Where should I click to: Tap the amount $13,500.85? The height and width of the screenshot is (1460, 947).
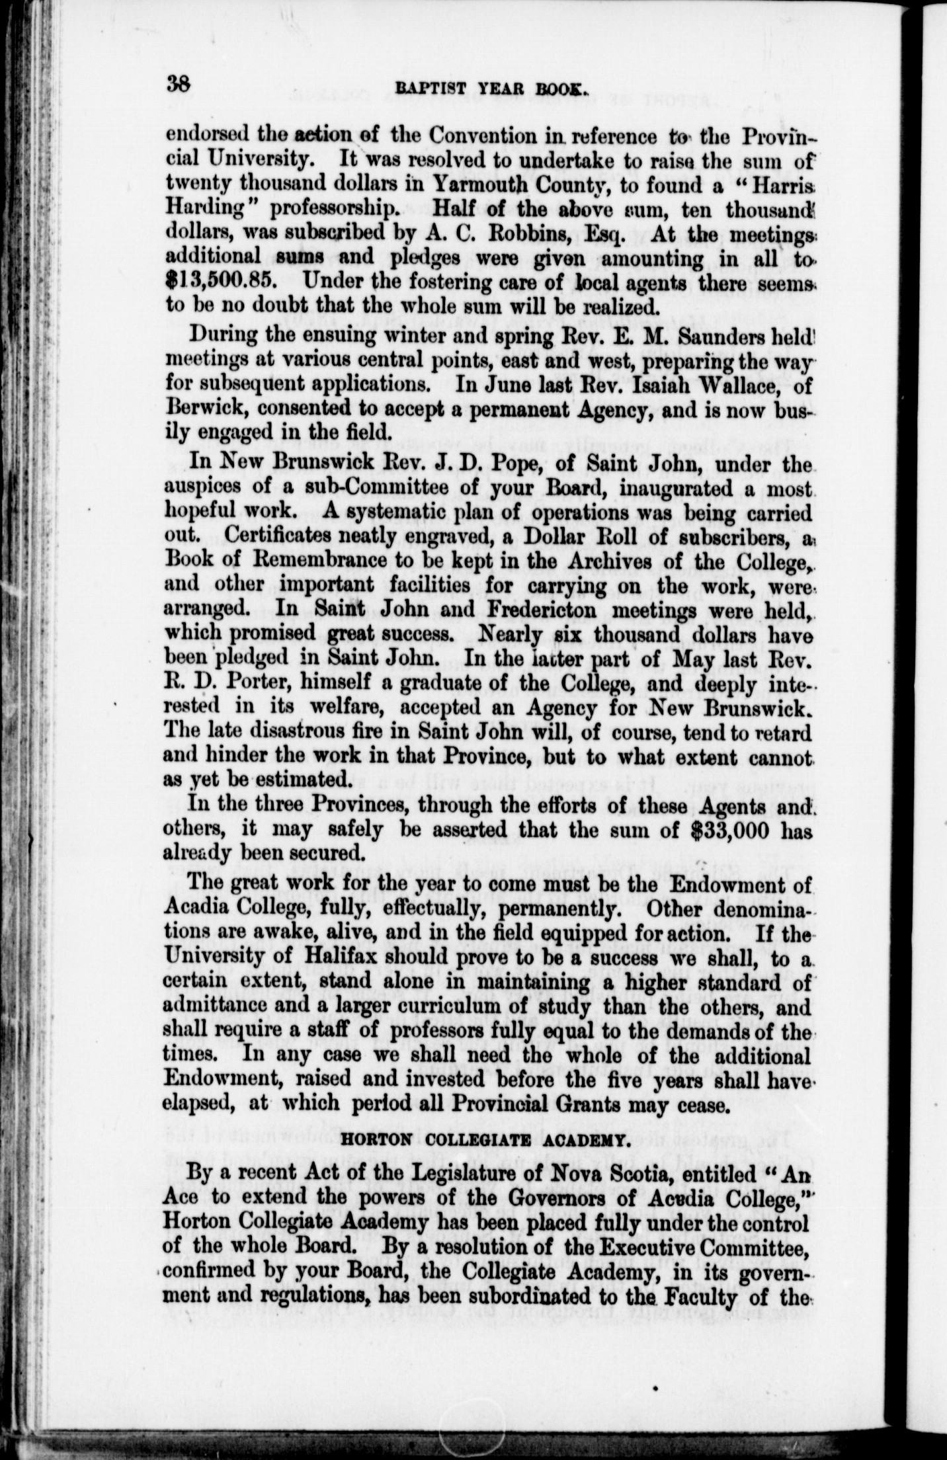[227, 280]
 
